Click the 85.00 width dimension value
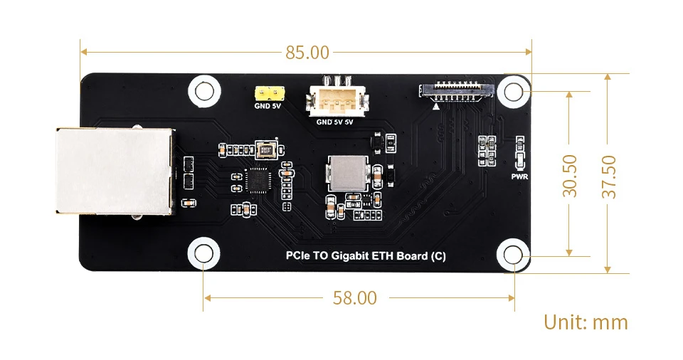(307, 52)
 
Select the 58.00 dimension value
(354, 298)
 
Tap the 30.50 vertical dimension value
(569, 175)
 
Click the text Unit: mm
(586, 322)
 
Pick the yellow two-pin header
(269, 93)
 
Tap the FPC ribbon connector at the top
(455, 91)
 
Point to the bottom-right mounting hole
(513, 255)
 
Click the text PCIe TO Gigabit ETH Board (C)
(365, 256)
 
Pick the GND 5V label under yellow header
(268, 108)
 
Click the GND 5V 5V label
(334, 122)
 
